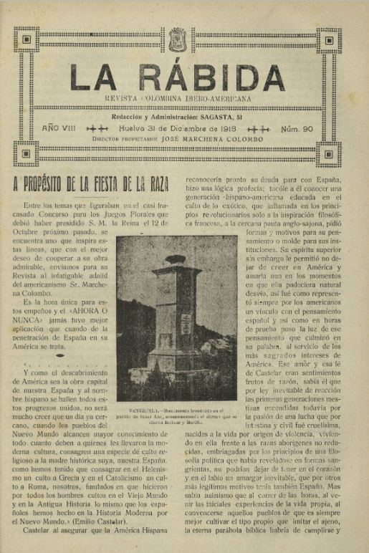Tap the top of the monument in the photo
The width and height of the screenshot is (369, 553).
pos(174,259)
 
